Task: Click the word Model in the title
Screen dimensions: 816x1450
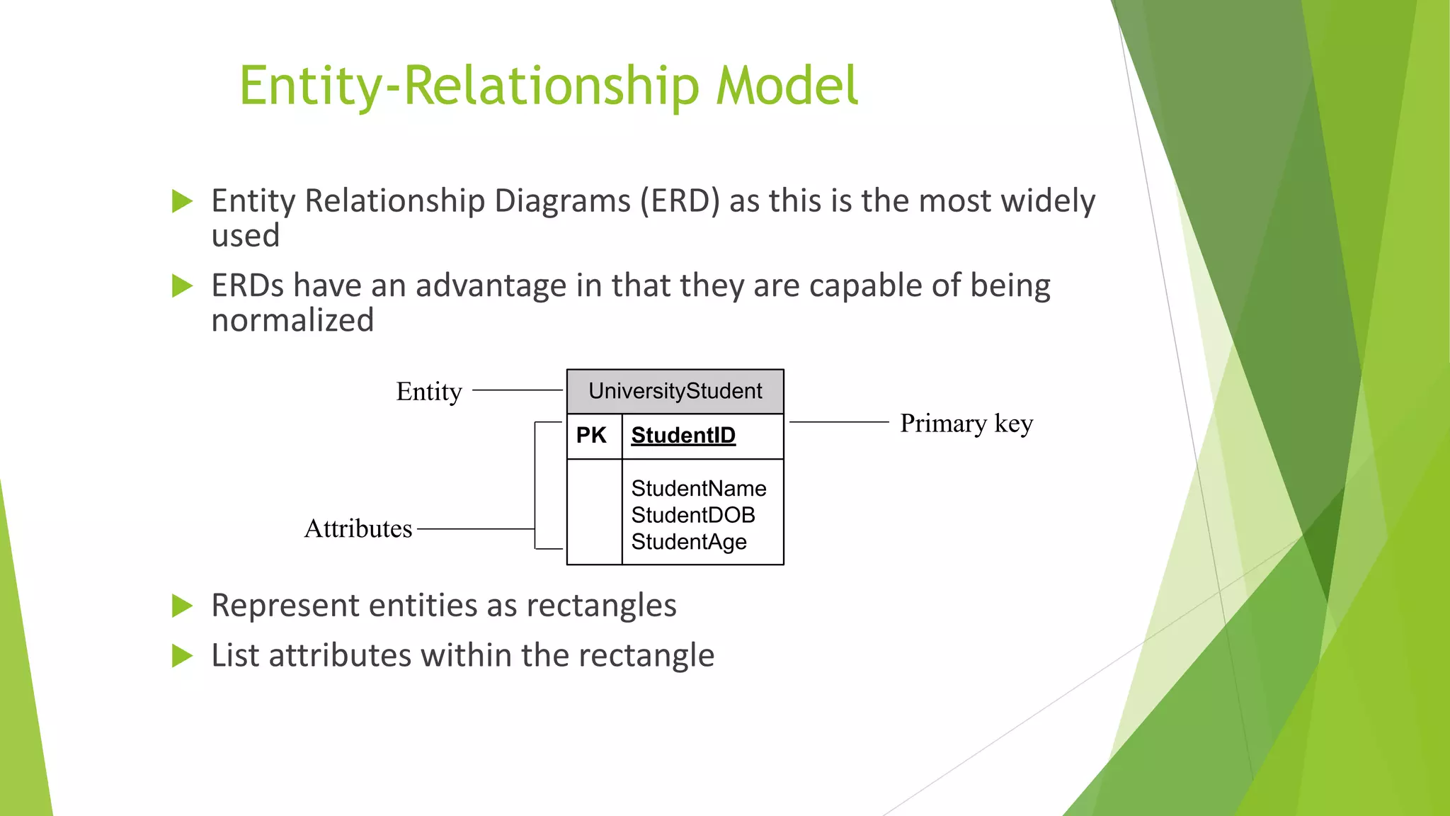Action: click(787, 86)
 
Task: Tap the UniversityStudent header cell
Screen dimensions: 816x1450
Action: click(675, 391)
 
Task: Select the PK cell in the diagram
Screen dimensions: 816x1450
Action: click(591, 435)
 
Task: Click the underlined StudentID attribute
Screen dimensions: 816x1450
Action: click(683, 435)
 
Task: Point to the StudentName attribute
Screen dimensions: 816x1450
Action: click(698, 488)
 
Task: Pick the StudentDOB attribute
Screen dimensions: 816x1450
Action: click(692, 515)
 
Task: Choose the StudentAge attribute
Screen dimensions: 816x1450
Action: click(688, 542)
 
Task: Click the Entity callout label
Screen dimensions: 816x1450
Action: click(428, 391)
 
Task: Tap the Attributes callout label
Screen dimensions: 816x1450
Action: click(358, 528)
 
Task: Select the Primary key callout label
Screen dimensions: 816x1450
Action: click(966, 423)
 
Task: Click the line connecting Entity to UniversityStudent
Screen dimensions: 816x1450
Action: click(517, 390)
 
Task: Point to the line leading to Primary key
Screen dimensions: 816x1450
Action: click(838, 422)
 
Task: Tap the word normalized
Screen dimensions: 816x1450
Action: click(292, 320)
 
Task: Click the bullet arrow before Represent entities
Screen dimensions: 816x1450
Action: click(182, 606)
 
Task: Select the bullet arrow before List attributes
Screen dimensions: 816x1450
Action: click(182, 656)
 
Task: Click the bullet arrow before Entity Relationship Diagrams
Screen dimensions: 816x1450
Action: click(182, 201)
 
